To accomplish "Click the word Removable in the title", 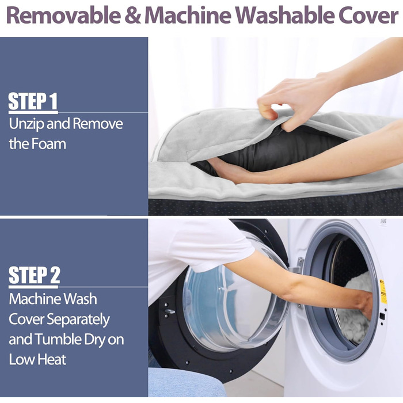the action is (64, 16).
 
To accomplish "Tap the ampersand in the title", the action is (132, 16).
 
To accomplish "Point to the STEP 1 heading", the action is (33, 101).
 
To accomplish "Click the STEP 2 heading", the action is (34, 275).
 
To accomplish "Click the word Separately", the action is (78, 320).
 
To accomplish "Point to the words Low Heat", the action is (37, 359).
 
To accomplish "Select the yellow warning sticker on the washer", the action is (383, 292).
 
